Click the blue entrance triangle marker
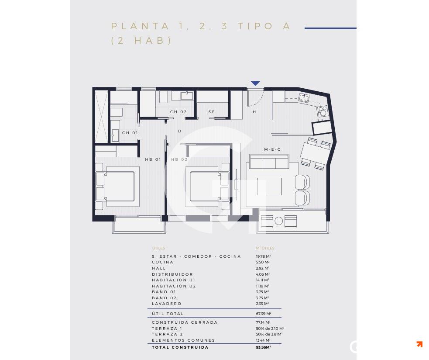tap(255, 83)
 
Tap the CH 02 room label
tap(178, 112)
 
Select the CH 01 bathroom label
tap(130, 133)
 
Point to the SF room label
tap(212, 112)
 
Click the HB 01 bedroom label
tap(153, 159)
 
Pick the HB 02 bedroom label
tap(179, 159)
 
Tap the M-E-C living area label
tap(272, 150)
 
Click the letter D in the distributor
tap(179, 131)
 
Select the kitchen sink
tap(304, 97)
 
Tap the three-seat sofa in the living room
tap(269, 162)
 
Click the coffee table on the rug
tap(269, 187)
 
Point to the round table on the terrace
tap(279, 221)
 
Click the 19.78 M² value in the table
tap(263, 256)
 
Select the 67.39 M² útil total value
tap(263, 314)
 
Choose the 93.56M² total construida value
tap(263, 347)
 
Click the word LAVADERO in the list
tap(167, 304)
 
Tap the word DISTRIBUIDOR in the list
tap(172, 274)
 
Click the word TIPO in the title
tap(255, 26)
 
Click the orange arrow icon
tap(419, 344)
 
